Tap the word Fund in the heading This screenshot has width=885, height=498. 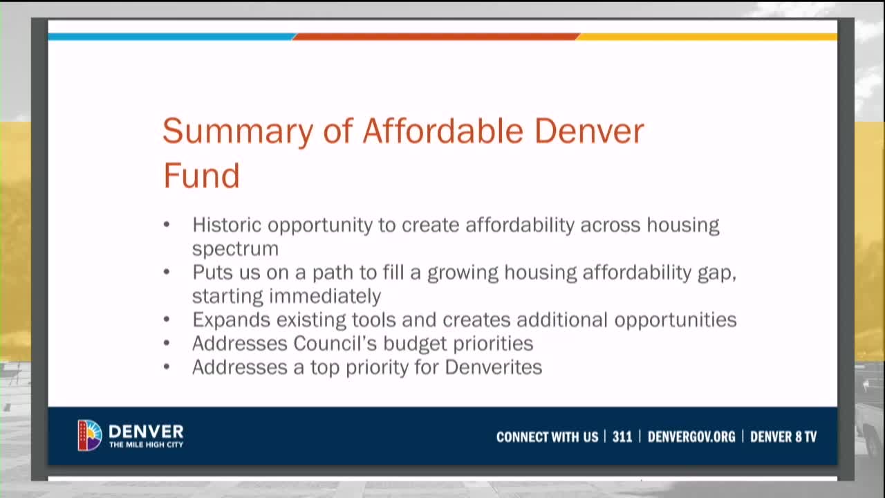(x=201, y=175)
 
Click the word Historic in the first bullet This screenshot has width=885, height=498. (x=226, y=225)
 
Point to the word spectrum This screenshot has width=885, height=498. (x=235, y=249)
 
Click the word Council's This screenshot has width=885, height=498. (x=335, y=343)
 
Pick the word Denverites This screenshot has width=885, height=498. (x=493, y=367)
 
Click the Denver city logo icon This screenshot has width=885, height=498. (x=90, y=436)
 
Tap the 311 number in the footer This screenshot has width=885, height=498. (x=622, y=437)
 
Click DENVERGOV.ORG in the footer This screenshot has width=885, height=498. (x=691, y=437)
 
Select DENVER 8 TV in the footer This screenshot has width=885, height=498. (x=783, y=437)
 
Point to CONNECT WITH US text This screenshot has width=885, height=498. (x=547, y=437)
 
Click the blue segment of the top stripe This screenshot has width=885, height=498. (x=171, y=36)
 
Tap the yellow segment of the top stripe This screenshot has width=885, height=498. (x=707, y=36)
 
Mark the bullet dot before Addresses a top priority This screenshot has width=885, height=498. (x=167, y=367)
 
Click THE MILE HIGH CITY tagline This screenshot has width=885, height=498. (x=146, y=445)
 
